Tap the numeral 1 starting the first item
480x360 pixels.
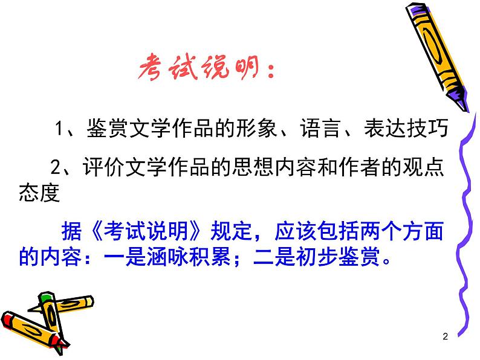click(59, 129)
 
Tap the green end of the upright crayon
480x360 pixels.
click(44, 299)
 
